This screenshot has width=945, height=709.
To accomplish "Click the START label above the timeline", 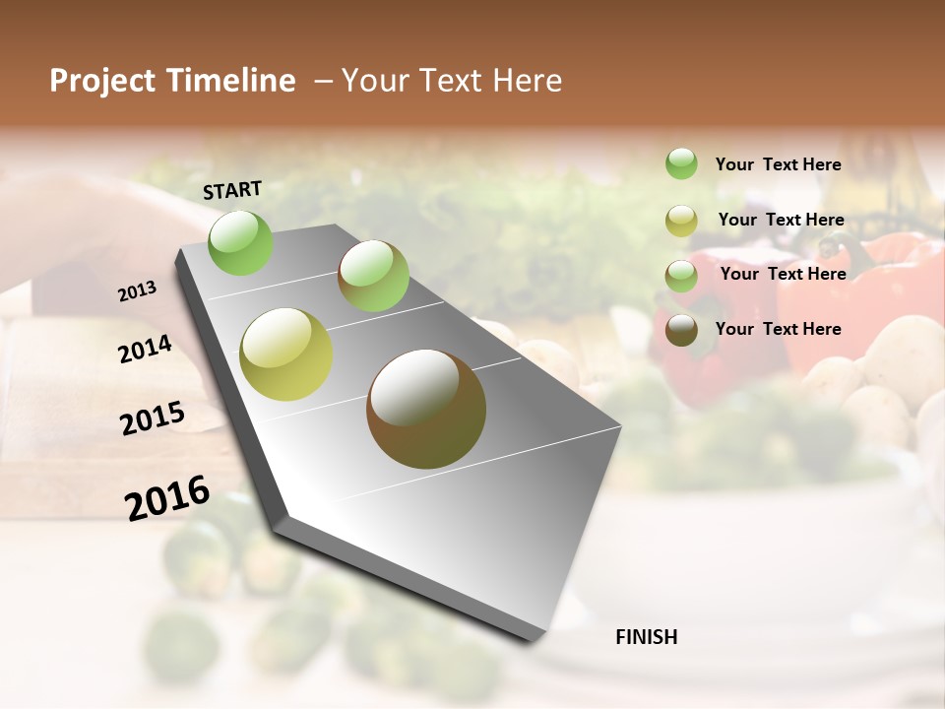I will [232, 190].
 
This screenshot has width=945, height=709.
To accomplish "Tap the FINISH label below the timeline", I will [646, 637].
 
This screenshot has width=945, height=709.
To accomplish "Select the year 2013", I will [138, 291].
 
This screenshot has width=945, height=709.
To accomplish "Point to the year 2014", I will [145, 349].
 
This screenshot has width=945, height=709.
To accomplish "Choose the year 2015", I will [152, 419].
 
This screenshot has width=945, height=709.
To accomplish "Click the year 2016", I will [167, 498].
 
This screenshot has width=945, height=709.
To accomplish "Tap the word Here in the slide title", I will [527, 81].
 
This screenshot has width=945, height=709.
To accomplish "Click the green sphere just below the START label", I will [240, 242].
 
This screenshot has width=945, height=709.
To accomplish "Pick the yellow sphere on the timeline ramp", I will [285, 354].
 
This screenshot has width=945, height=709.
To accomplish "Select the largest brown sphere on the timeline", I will [426, 409].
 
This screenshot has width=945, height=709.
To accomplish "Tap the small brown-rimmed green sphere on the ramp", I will [373, 276].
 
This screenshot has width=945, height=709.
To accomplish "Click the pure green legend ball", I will [681, 163].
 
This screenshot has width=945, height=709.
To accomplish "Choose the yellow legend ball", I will [681, 221].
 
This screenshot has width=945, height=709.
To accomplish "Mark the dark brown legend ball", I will [681, 330].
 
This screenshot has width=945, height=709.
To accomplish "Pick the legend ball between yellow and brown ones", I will [681, 276].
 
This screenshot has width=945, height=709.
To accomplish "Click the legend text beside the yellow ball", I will [781, 220].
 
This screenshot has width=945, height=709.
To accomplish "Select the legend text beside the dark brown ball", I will [778, 329].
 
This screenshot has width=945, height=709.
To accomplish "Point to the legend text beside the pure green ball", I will [778, 164].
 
